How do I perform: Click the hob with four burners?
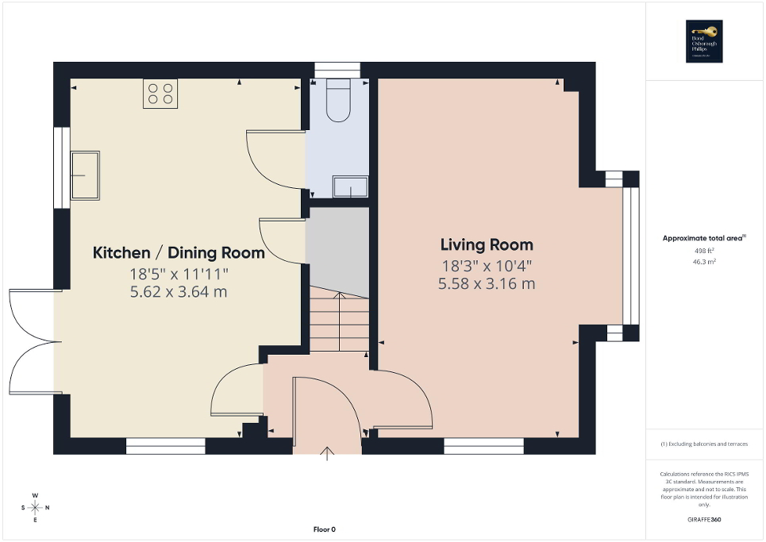pyautogui.click(x=160, y=94)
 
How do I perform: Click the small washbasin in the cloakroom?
pyautogui.click(x=350, y=187)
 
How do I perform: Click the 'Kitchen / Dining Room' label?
pyautogui.click(x=179, y=253)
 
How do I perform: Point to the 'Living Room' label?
pyautogui.click(x=487, y=244)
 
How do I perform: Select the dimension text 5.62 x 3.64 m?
pyautogui.click(x=179, y=291)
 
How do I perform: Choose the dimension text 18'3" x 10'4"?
pyautogui.click(x=487, y=267)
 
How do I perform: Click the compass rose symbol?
pyautogui.click(x=35, y=507)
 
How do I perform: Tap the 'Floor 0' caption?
pyautogui.click(x=325, y=529)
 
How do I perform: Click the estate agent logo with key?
pyautogui.click(x=704, y=41)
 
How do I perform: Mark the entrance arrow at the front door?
pyautogui.click(x=328, y=453)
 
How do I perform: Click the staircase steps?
pyautogui.click(x=339, y=321)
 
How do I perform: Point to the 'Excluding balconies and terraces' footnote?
pyautogui.click(x=704, y=444)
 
